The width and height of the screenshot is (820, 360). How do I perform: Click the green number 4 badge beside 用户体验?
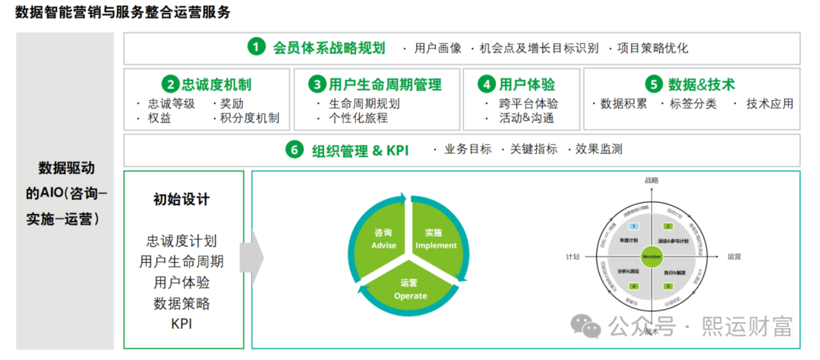(x=486, y=84)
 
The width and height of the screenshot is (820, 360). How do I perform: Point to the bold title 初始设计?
(x=181, y=200)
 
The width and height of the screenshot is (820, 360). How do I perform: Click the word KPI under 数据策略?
(x=181, y=324)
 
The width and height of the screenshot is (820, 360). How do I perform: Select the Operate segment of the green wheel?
(x=410, y=288)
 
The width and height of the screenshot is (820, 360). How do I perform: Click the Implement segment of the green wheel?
(x=435, y=239)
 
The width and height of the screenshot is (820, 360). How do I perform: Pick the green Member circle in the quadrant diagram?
(x=652, y=257)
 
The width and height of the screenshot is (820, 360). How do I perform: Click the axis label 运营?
(x=734, y=257)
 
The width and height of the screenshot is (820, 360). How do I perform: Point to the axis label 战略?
(x=651, y=180)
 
